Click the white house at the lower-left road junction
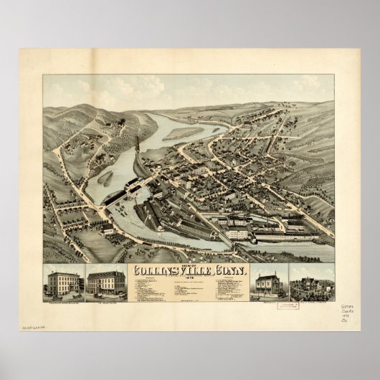105,229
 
